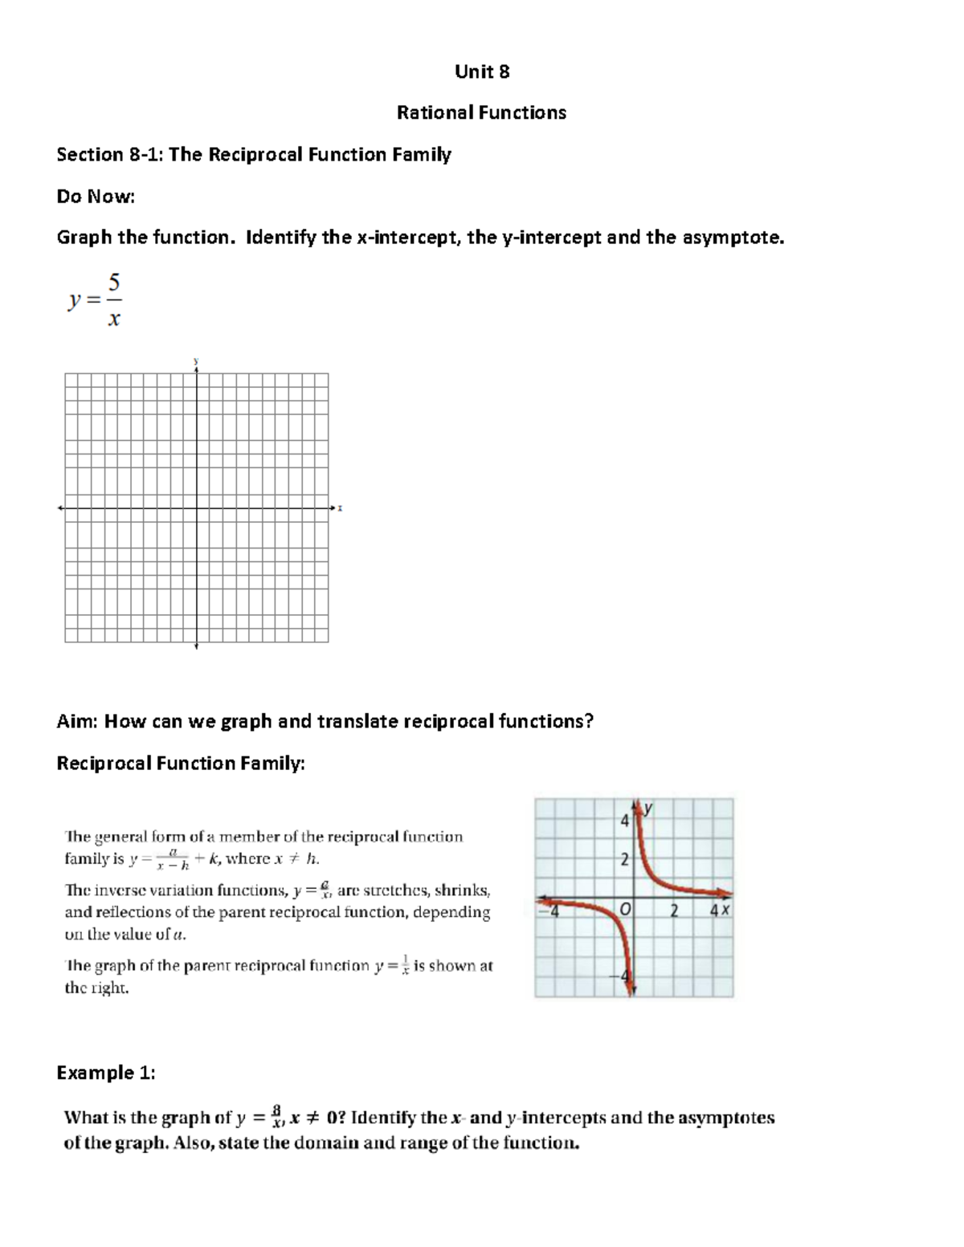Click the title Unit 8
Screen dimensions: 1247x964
tap(481, 71)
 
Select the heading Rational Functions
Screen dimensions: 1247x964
tap(481, 112)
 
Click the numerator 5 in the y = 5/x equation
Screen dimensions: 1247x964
tap(114, 283)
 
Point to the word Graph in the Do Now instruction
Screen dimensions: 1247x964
tap(84, 238)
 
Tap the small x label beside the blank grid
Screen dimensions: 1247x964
tap(341, 507)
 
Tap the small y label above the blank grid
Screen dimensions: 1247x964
tap(196, 361)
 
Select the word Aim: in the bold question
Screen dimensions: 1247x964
tap(77, 721)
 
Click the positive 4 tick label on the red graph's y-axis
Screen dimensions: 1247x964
tap(624, 821)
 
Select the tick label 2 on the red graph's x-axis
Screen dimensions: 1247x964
tap(675, 911)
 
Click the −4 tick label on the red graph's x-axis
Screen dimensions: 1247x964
tap(553, 911)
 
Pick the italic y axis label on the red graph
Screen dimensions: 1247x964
tap(647, 809)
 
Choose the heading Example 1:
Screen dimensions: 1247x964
tap(105, 1073)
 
